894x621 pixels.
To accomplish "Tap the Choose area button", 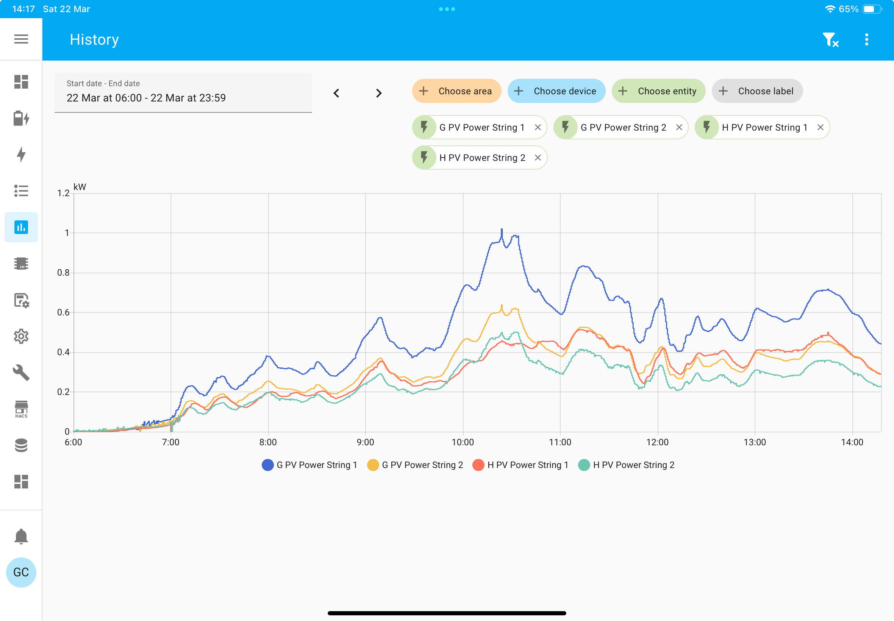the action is click(x=456, y=91).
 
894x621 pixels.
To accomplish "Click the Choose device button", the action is click(x=556, y=91).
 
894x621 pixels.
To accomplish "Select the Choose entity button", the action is click(x=658, y=91).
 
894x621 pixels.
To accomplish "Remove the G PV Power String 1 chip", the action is click(x=538, y=127).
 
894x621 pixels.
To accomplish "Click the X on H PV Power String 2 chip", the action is click(x=538, y=158).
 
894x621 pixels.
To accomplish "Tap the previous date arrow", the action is click(x=336, y=94).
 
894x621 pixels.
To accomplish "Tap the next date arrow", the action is click(x=379, y=94).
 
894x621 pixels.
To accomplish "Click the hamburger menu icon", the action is click(x=21, y=39).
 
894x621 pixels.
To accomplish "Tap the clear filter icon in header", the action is click(x=831, y=40).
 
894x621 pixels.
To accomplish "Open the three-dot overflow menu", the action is click(x=867, y=39).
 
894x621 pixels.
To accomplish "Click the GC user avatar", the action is click(x=21, y=573).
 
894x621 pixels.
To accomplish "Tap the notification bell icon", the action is click(x=21, y=537).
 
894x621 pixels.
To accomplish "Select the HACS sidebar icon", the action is click(x=21, y=409).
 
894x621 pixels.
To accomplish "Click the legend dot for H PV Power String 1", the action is click(x=478, y=465).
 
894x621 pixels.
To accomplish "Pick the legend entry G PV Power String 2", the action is click(x=415, y=465).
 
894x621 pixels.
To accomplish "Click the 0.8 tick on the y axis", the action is click(x=63, y=273).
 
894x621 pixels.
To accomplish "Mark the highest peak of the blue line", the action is click(x=502, y=229).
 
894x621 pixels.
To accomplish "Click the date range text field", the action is click(x=183, y=93).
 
